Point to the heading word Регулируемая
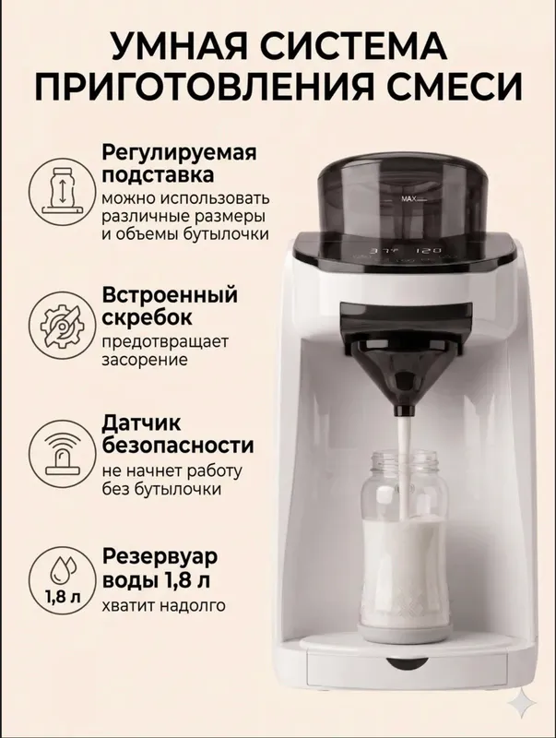[x=179, y=153]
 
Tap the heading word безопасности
[x=178, y=445]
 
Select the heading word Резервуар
[x=160, y=557]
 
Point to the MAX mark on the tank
[x=408, y=198]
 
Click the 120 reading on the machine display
[x=431, y=250]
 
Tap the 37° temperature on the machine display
[x=379, y=250]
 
